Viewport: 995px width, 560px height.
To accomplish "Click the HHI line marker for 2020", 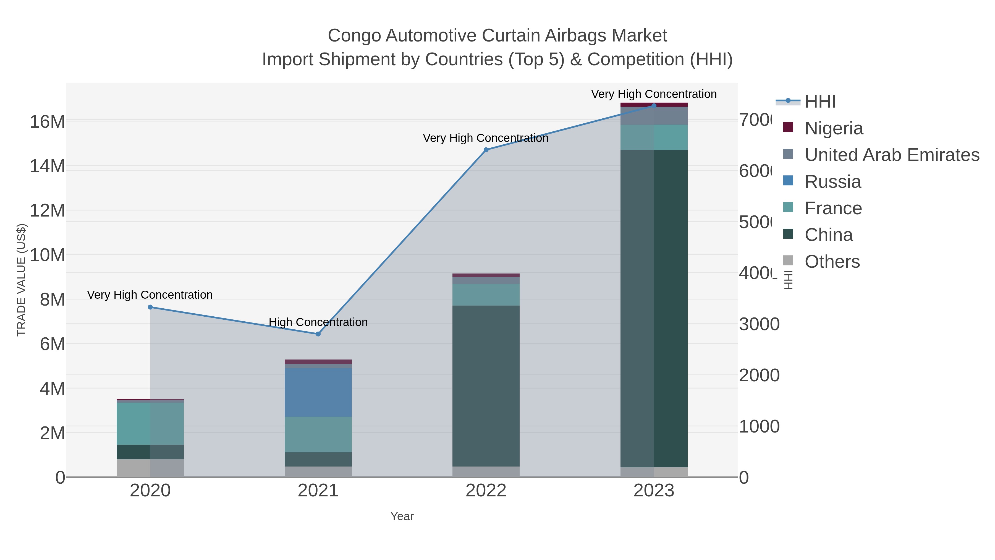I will coord(150,307).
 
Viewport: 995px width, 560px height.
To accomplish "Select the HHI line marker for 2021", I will coord(318,334).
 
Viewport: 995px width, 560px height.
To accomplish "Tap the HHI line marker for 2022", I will coord(486,150).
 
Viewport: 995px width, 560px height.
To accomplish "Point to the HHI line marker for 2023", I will coord(654,106).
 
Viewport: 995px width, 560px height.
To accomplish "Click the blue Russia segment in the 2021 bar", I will coord(318,392).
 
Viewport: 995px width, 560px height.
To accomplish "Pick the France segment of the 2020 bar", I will coord(150,424).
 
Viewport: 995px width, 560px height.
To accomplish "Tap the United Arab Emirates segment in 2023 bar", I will coord(654,116).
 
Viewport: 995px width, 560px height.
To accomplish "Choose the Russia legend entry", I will coord(832,182).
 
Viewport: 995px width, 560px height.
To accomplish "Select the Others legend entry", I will coord(832,262).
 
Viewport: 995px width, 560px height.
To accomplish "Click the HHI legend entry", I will coord(820,102).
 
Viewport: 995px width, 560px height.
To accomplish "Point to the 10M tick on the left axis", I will coord(47,255).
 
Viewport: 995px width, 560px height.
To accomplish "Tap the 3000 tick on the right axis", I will coord(759,324).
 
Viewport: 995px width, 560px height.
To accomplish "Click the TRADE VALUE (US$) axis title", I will coord(21,280).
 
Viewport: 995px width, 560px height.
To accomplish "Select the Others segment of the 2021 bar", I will coord(318,472).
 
